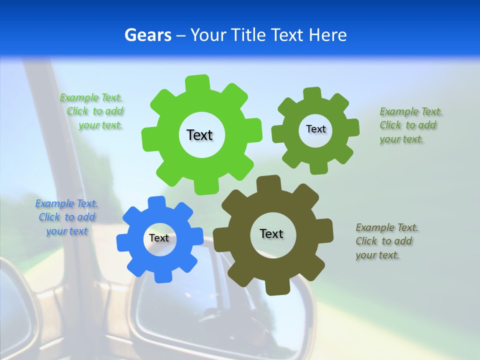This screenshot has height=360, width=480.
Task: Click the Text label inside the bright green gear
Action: [199, 135]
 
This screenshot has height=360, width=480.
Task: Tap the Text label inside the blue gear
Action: [159, 238]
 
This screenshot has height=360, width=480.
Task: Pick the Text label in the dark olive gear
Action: [271, 234]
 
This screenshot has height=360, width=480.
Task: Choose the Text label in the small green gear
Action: [315, 129]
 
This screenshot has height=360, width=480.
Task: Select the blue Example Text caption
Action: [66, 217]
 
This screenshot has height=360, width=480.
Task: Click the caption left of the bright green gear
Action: [93, 111]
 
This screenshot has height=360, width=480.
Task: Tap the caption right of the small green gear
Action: [410, 125]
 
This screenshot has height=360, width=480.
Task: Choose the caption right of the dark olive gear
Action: [386, 241]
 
